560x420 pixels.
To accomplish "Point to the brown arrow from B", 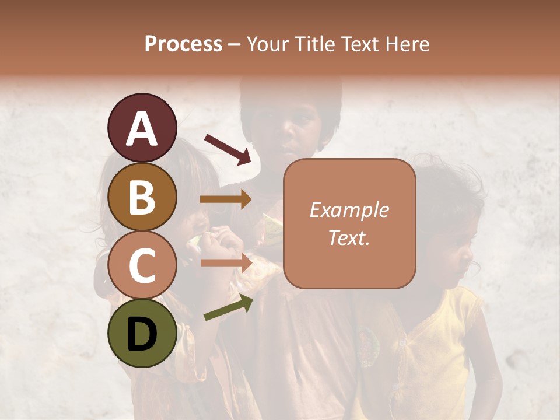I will click(226, 199).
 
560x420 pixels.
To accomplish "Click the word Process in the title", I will click(183, 44).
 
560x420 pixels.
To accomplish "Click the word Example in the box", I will click(349, 210).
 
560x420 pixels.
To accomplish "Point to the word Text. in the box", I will click(349, 237).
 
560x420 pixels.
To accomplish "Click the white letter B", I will click(142, 197).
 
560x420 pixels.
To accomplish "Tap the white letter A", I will click(142, 128).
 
